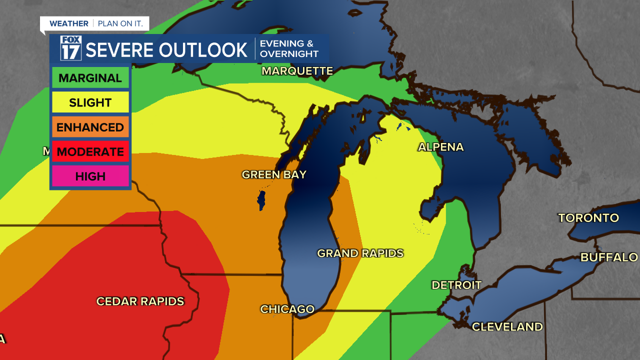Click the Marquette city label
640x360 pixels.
pyautogui.click(x=297, y=71)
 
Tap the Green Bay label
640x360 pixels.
pyautogui.click(x=274, y=174)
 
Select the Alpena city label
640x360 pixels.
pyautogui.click(x=440, y=147)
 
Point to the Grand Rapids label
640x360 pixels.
pyautogui.click(x=360, y=253)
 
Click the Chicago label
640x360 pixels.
pyautogui.click(x=287, y=309)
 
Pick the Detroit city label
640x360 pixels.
pyautogui.click(x=456, y=285)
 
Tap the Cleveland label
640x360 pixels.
pyautogui.click(x=507, y=326)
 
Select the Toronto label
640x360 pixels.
pyautogui.click(x=588, y=218)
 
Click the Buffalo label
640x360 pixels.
pyautogui.click(x=609, y=257)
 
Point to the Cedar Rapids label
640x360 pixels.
pyautogui.click(x=140, y=301)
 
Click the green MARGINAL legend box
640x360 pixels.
pyautogui.click(x=90, y=78)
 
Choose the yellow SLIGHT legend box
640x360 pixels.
pyautogui.click(x=90, y=102)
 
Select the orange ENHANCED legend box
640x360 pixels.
pyautogui.click(x=90, y=127)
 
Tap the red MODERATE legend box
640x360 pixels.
pyautogui.click(x=90, y=151)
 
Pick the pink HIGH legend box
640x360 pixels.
pyautogui.click(x=90, y=176)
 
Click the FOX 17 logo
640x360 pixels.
pyautogui.click(x=70, y=48)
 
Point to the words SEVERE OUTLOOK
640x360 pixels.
pyautogui.click(x=166, y=50)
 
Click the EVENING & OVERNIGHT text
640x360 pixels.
pyautogui.click(x=289, y=49)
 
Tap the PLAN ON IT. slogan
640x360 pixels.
pyautogui.click(x=120, y=23)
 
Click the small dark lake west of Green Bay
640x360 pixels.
pyautogui.click(x=260, y=200)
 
